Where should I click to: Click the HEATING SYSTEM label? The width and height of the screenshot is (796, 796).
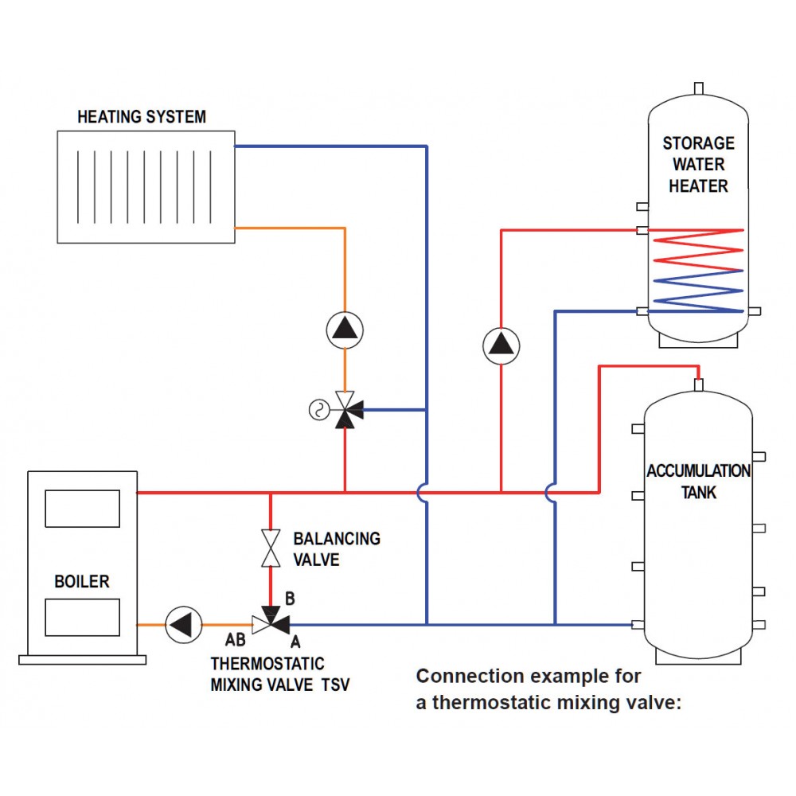coord(142,117)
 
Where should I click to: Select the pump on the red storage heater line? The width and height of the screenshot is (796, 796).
coord(501,345)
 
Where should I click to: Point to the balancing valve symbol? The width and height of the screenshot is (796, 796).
coord(271,548)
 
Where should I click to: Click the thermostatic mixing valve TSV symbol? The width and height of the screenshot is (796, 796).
coord(271,622)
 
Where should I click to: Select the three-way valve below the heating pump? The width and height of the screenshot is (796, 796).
coord(345,411)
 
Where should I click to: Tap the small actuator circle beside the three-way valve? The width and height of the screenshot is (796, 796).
coord(318,410)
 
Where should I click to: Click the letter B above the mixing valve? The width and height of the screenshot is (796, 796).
coord(291,597)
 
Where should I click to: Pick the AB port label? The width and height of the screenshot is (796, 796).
coord(236,639)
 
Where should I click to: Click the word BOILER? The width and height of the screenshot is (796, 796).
coord(82,582)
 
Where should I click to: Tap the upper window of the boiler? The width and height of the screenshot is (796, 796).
coord(82,509)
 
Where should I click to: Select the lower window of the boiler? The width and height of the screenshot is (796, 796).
coord(82,618)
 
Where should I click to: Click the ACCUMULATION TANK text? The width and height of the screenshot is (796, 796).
coord(698,482)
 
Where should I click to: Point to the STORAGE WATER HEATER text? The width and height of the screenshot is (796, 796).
coord(698,165)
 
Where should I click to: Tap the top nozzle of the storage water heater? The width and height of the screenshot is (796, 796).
coord(698,88)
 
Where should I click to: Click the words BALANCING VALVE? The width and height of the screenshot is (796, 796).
coord(336,549)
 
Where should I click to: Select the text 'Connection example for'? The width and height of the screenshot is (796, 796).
coord(529,677)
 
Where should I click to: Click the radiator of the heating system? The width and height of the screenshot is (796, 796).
coord(146,186)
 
